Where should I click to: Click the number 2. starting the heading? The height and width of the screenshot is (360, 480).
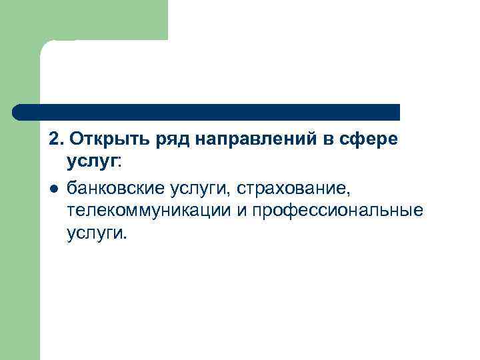pos(55,141)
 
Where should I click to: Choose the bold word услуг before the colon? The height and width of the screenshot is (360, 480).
pos(91,162)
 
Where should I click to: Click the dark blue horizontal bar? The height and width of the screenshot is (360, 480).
pos(207,112)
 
